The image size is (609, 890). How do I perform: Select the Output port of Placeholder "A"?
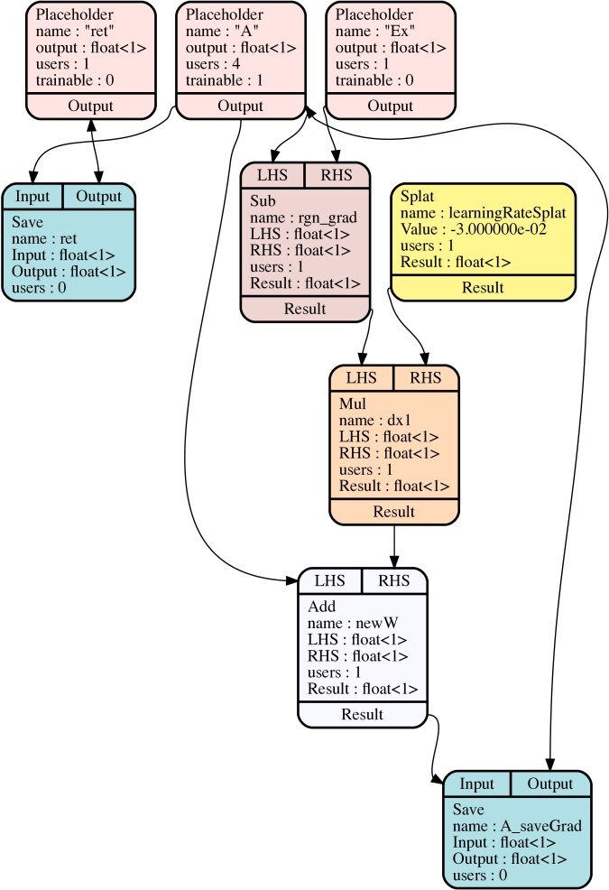tap(240, 106)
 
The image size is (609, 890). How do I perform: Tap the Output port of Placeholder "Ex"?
tap(390, 106)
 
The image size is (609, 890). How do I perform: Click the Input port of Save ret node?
tap(32, 196)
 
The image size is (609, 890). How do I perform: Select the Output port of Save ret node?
tap(98, 196)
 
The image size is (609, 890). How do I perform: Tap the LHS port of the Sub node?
tap(272, 174)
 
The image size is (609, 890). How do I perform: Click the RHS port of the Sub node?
tap(337, 174)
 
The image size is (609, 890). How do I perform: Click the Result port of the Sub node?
tap(305, 309)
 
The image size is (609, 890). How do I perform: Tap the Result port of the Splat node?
tap(483, 288)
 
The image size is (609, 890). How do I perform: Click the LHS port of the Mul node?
tap(361, 377)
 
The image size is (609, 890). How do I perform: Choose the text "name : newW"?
tap(347, 624)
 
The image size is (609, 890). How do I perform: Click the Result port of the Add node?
tap(362, 714)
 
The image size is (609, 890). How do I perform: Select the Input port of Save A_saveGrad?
tap(476, 783)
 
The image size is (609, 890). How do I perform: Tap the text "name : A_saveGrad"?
tap(517, 826)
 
